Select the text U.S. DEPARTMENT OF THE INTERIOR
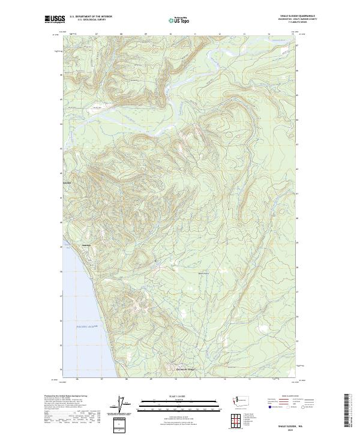click(91, 17)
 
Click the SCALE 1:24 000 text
click(179, 396)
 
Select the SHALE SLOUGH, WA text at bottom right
click(293, 422)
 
